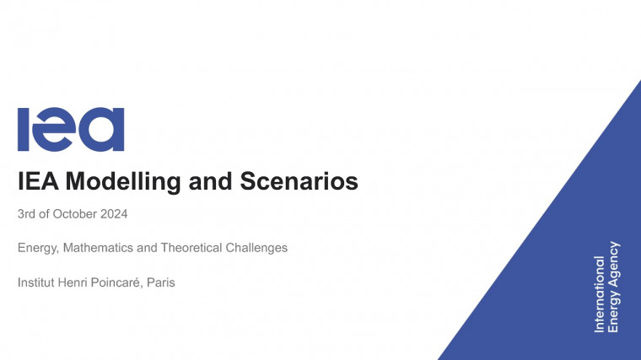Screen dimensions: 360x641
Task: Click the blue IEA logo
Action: [70, 130]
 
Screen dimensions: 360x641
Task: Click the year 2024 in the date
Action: [114, 214]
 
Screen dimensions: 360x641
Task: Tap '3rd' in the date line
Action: [27, 214]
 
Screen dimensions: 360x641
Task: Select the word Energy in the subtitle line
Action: [38, 248]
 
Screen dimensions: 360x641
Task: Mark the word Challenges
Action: [258, 248]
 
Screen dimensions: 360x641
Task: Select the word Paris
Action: [160, 282]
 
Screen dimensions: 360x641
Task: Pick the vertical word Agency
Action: [614, 261]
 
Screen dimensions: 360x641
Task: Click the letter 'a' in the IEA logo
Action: [105, 130]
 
